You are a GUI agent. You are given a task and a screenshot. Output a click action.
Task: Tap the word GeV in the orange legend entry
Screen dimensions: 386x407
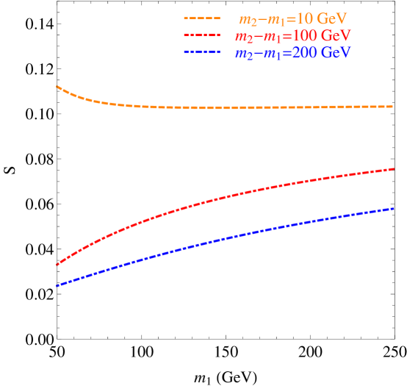tap(331, 18)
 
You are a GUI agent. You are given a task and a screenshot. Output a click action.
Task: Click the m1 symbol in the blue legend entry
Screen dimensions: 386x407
tap(272, 54)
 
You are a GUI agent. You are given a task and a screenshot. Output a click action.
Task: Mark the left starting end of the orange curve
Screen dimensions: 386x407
tap(57, 87)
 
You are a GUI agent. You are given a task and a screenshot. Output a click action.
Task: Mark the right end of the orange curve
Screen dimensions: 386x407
tap(394, 106)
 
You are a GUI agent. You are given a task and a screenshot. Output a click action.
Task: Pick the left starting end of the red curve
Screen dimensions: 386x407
tap(57, 265)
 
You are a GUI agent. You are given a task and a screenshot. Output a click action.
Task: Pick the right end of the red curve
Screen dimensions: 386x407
tap(394, 168)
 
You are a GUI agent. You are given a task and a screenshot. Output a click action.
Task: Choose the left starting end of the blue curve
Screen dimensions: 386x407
tap(57, 286)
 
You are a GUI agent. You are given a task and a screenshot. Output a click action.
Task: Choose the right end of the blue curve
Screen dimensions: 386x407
tap(394, 208)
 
